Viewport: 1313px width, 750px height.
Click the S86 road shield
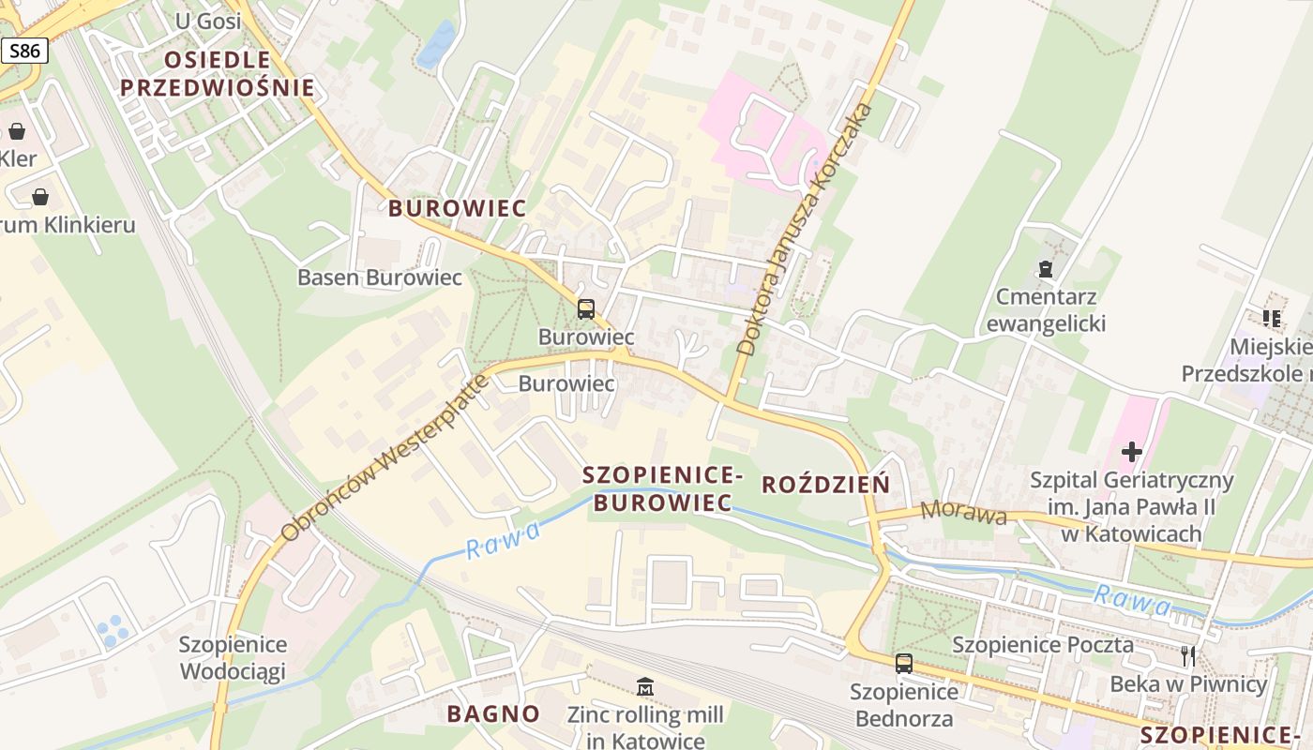point(24,51)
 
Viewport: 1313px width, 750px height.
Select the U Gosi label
point(207,21)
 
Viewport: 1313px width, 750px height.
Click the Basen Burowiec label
point(380,277)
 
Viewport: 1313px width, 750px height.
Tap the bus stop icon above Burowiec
point(586,308)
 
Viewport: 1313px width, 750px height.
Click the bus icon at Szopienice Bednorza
point(903,664)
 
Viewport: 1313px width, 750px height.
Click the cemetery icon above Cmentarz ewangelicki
point(1046,270)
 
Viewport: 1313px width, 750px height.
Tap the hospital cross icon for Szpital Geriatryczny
point(1132,452)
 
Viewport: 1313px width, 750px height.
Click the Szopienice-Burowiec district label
point(662,489)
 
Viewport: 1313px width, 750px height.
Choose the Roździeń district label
point(825,485)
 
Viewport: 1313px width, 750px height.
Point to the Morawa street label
point(964,513)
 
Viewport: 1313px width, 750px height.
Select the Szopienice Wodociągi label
point(233,658)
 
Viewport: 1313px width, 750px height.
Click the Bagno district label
point(493,713)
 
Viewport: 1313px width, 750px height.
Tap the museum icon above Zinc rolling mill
point(644,688)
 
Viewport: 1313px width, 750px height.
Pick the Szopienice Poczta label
point(1043,645)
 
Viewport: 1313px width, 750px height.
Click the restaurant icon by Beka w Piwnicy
point(1188,656)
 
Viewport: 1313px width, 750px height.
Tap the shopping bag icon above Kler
point(17,131)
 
